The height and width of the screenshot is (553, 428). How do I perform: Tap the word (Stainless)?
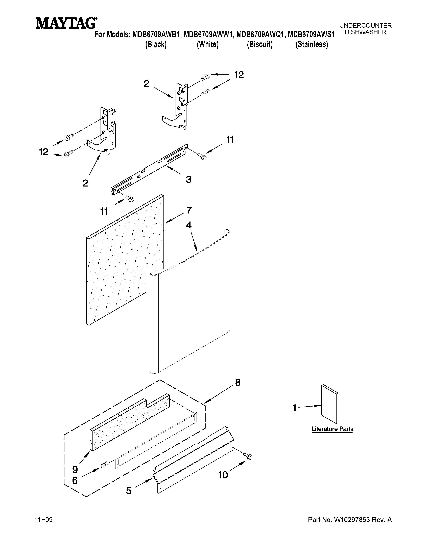pos(312,45)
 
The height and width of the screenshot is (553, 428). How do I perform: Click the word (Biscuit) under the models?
pos(260,45)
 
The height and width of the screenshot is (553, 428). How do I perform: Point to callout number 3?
pos(188,179)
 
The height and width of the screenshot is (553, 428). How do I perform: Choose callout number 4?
pos(189,225)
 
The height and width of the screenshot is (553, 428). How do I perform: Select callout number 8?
pos(237,390)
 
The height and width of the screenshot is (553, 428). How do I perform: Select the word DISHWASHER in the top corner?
pos(365,32)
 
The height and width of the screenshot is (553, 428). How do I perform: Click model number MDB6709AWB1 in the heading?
pos(156,34)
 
